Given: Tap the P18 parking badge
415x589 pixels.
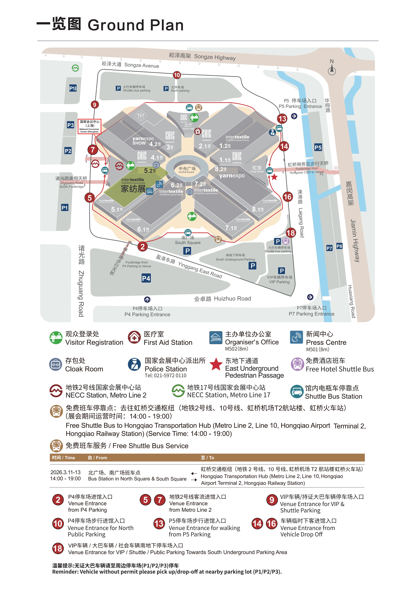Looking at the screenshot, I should coord(73,89).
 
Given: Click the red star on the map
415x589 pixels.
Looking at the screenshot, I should coord(274,177).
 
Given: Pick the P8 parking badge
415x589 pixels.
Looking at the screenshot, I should coord(339,246).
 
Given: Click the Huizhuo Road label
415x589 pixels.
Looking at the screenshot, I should coord(222,299).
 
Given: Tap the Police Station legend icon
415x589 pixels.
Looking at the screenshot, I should coord(134,364).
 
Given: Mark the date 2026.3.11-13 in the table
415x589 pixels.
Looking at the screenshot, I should coord(65,472).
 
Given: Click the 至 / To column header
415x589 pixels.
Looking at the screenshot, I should coord(207,458).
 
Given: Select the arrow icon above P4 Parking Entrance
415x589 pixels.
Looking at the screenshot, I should coord(147,299).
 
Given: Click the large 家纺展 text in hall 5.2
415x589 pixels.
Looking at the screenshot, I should coord(133,189).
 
